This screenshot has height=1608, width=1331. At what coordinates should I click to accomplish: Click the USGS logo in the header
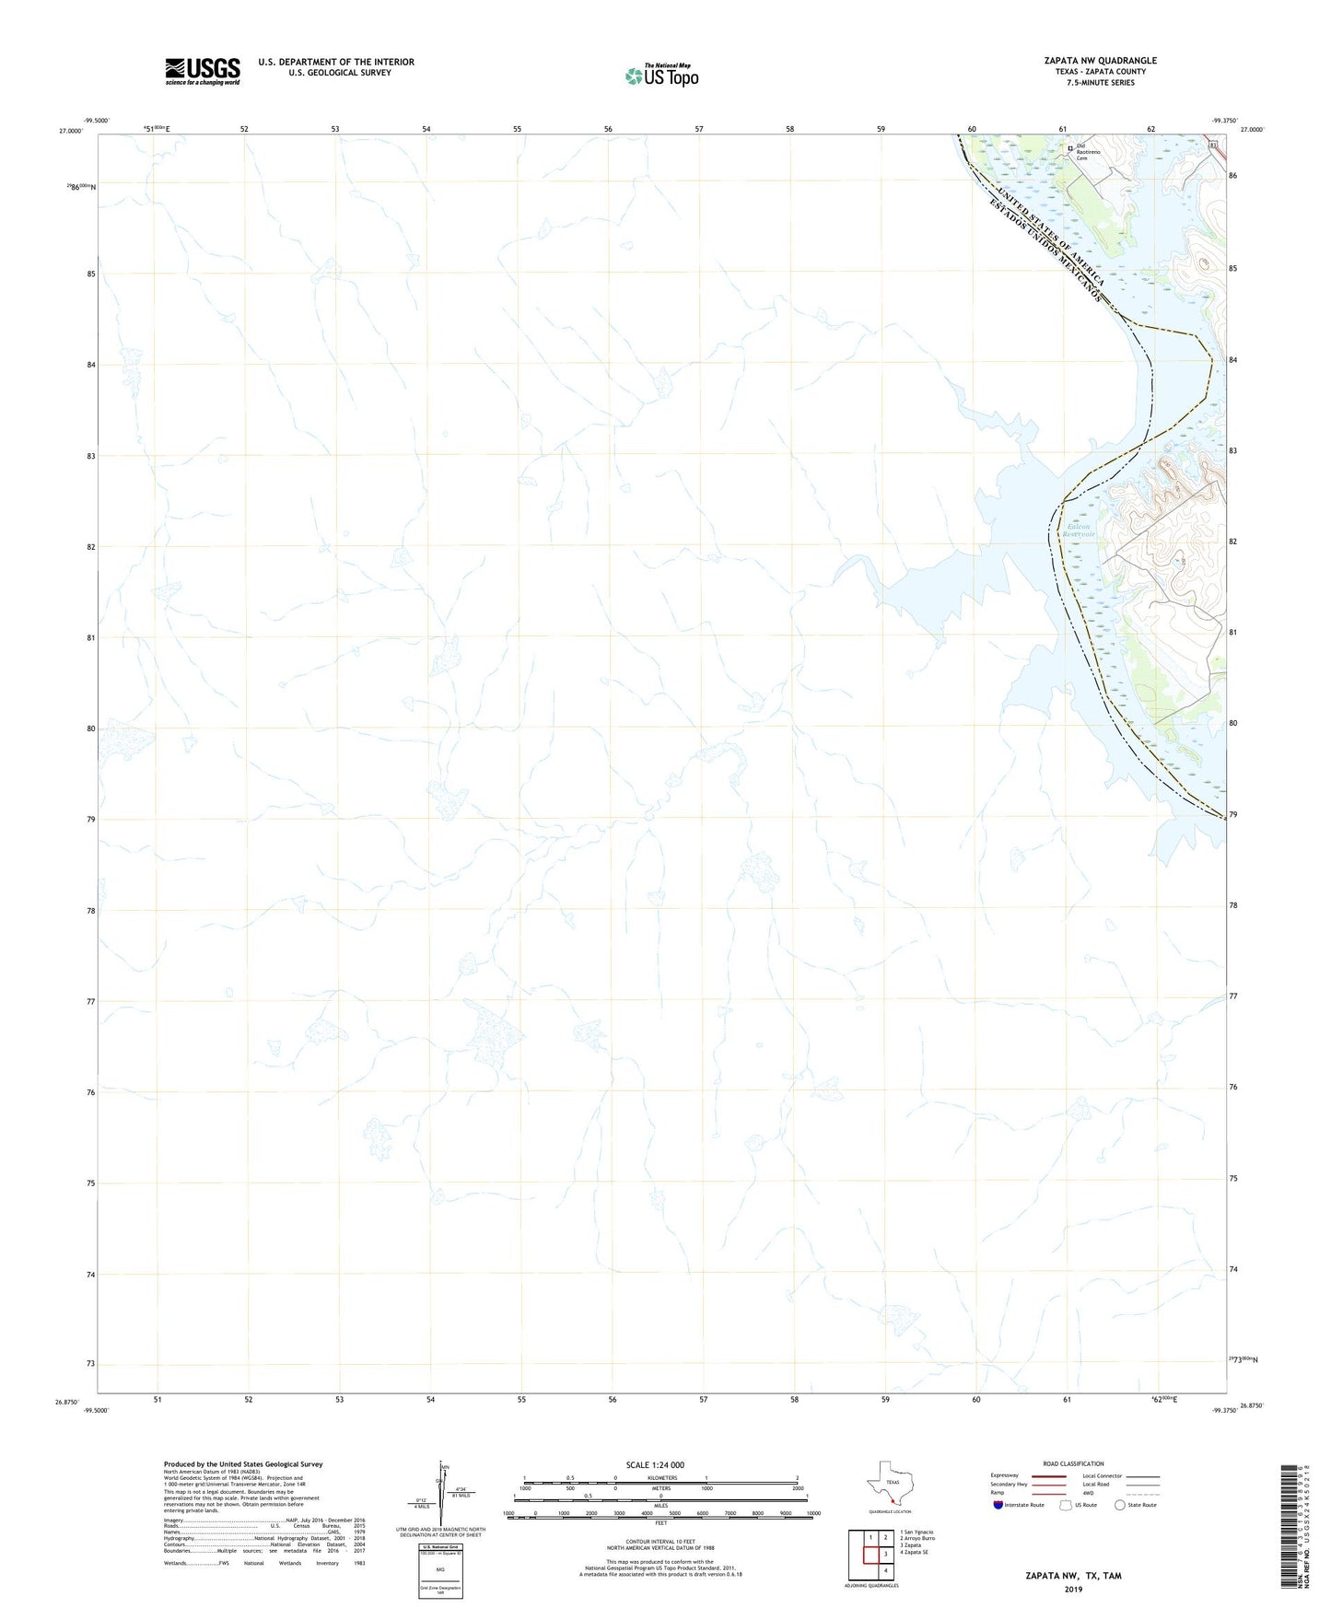[x=203, y=71]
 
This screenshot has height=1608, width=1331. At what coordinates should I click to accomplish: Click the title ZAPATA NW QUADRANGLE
[x=1100, y=61]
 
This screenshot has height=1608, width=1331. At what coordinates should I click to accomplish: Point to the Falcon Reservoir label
[x=1078, y=530]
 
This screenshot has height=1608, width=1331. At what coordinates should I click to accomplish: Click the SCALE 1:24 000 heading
[x=655, y=1464]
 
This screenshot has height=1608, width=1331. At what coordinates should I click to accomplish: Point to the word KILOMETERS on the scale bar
[x=660, y=1477]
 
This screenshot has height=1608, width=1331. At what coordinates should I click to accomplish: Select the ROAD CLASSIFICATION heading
[x=1073, y=1463]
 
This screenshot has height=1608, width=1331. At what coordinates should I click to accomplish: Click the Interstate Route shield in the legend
[x=998, y=1505]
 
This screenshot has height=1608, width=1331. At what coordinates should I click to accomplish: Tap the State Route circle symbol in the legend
[x=1120, y=1505]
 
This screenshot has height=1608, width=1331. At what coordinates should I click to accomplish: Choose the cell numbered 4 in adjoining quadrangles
[x=886, y=1570]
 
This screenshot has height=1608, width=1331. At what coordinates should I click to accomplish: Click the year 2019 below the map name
[x=1073, y=1589]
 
